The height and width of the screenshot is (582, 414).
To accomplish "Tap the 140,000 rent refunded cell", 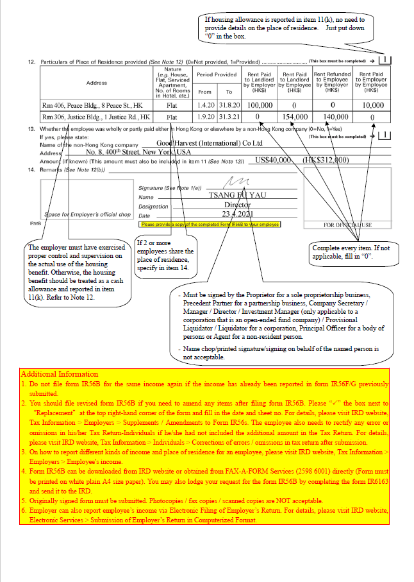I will click(x=333, y=117).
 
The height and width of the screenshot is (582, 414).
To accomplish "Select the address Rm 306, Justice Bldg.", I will click(x=96, y=117).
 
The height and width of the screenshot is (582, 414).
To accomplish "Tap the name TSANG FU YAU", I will click(x=229, y=195).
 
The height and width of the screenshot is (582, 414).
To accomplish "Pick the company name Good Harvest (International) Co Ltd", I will click(x=210, y=143).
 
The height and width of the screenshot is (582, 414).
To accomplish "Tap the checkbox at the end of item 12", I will click(x=385, y=60).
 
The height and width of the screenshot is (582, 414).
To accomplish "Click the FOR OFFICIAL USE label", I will click(x=347, y=225).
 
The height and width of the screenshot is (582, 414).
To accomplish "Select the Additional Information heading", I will click(x=60, y=373).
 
